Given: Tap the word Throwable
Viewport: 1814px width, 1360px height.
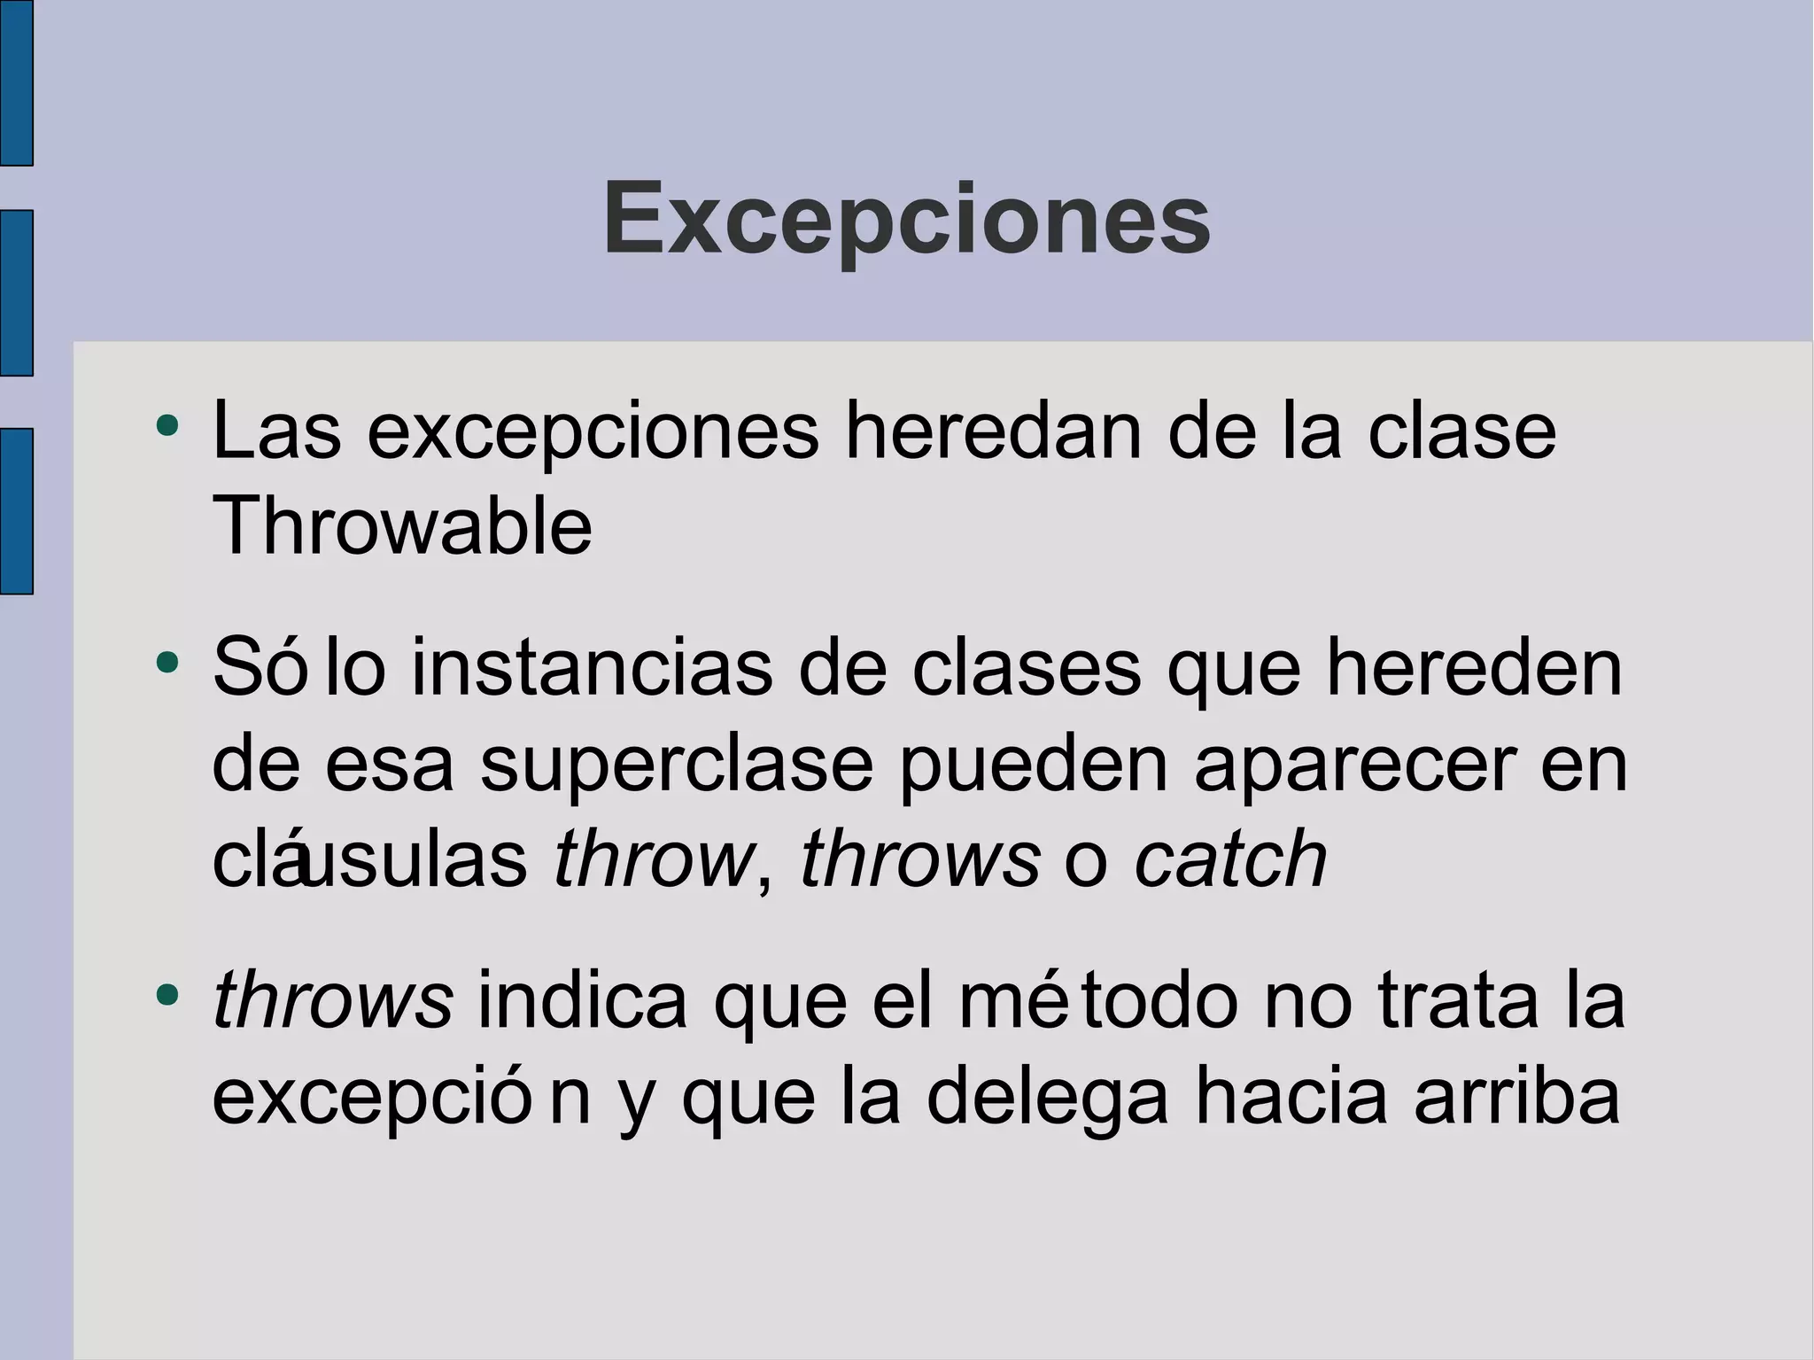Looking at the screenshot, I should (402, 526).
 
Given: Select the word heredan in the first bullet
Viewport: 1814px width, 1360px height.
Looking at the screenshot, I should (993, 431).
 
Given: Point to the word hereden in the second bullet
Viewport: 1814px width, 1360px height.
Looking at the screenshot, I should (1474, 669).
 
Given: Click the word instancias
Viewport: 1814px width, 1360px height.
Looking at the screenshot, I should (592, 669).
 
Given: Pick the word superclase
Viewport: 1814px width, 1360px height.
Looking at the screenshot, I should (677, 765).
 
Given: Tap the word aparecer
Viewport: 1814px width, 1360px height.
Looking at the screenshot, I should (1354, 765).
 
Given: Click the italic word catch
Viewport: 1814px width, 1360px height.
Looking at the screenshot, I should (1230, 859).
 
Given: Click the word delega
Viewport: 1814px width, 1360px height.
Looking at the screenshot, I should (1047, 1098).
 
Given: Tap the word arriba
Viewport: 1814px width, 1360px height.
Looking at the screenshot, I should (1516, 1098).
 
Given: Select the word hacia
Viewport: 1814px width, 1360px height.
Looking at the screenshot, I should (1291, 1098).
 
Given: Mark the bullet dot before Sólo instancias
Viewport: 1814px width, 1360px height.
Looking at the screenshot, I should (167, 662).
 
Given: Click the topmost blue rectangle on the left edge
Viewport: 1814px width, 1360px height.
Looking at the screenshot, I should (16, 82).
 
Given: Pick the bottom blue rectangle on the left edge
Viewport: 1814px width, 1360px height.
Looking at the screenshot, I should (16, 510).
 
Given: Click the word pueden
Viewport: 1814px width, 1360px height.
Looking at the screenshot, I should (1034, 765).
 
